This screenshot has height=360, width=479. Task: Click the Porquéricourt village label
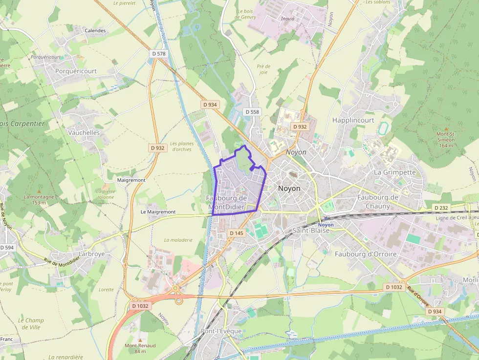(76, 71)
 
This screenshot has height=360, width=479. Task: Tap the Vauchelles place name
(84, 132)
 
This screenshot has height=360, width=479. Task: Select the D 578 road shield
(159, 53)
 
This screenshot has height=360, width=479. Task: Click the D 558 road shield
(252, 112)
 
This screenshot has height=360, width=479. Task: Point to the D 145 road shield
(236, 233)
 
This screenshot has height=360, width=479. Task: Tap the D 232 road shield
(441, 208)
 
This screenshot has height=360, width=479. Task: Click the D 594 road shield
(7, 248)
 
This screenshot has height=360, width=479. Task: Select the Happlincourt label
(353, 120)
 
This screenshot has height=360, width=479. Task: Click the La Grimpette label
(394, 172)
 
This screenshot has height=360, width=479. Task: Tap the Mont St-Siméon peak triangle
(446, 128)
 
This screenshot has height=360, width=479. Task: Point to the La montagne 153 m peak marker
(39, 191)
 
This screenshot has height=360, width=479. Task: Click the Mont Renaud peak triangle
(140, 339)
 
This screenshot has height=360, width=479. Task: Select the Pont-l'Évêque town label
(221, 331)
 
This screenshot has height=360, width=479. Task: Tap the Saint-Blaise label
(311, 230)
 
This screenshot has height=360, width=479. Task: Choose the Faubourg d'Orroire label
(366, 254)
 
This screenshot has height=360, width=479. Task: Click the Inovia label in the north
(288, 19)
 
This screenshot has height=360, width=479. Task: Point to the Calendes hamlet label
(95, 30)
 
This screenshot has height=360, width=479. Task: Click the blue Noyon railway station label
(326, 225)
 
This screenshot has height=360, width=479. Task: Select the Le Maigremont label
(158, 212)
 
